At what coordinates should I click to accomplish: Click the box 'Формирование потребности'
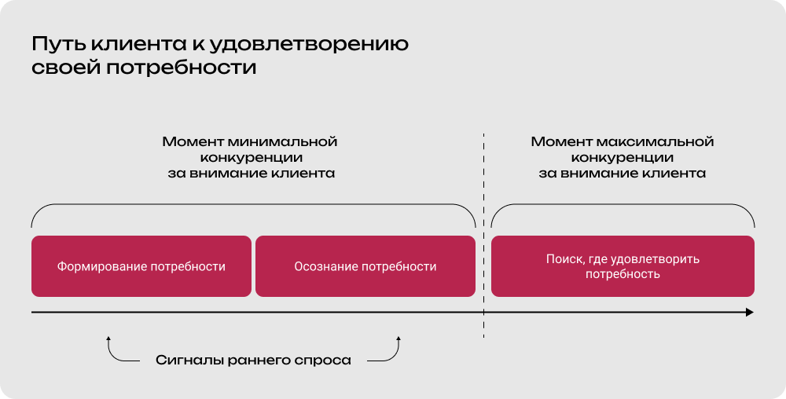pyautogui.click(x=141, y=266)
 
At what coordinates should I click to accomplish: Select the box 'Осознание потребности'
pyautogui.click(x=365, y=266)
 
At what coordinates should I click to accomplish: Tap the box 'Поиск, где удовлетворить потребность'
pyautogui.click(x=623, y=266)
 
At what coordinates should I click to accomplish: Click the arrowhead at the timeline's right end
pyautogui.click(x=749, y=313)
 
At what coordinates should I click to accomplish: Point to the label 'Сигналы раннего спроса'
pyautogui.click(x=253, y=361)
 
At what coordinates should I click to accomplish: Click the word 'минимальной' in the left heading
pyautogui.click(x=292, y=142)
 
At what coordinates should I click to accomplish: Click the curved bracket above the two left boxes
pyautogui.click(x=253, y=205)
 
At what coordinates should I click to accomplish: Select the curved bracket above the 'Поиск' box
pyautogui.click(x=623, y=205)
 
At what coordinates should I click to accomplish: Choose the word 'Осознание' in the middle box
pyautogui.click(x=325, y=266)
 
